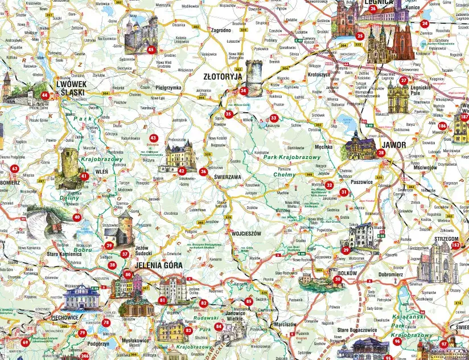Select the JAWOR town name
pos(394,145)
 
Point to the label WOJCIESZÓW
pos(246,234)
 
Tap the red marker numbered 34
pos(244,91)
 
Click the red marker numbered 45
pos(151,50)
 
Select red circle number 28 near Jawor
pos(381,153)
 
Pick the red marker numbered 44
pos(44,95)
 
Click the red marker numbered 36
pos(203,171)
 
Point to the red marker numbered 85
pos(248,301)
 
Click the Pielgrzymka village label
pos(168,88)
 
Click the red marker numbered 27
pos(404,80)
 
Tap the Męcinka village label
pos(323,146)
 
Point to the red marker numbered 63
pos(14,169)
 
